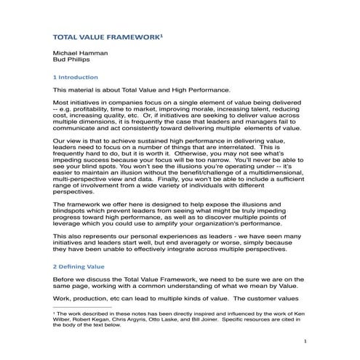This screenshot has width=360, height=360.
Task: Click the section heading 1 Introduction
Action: coord(76,77)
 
